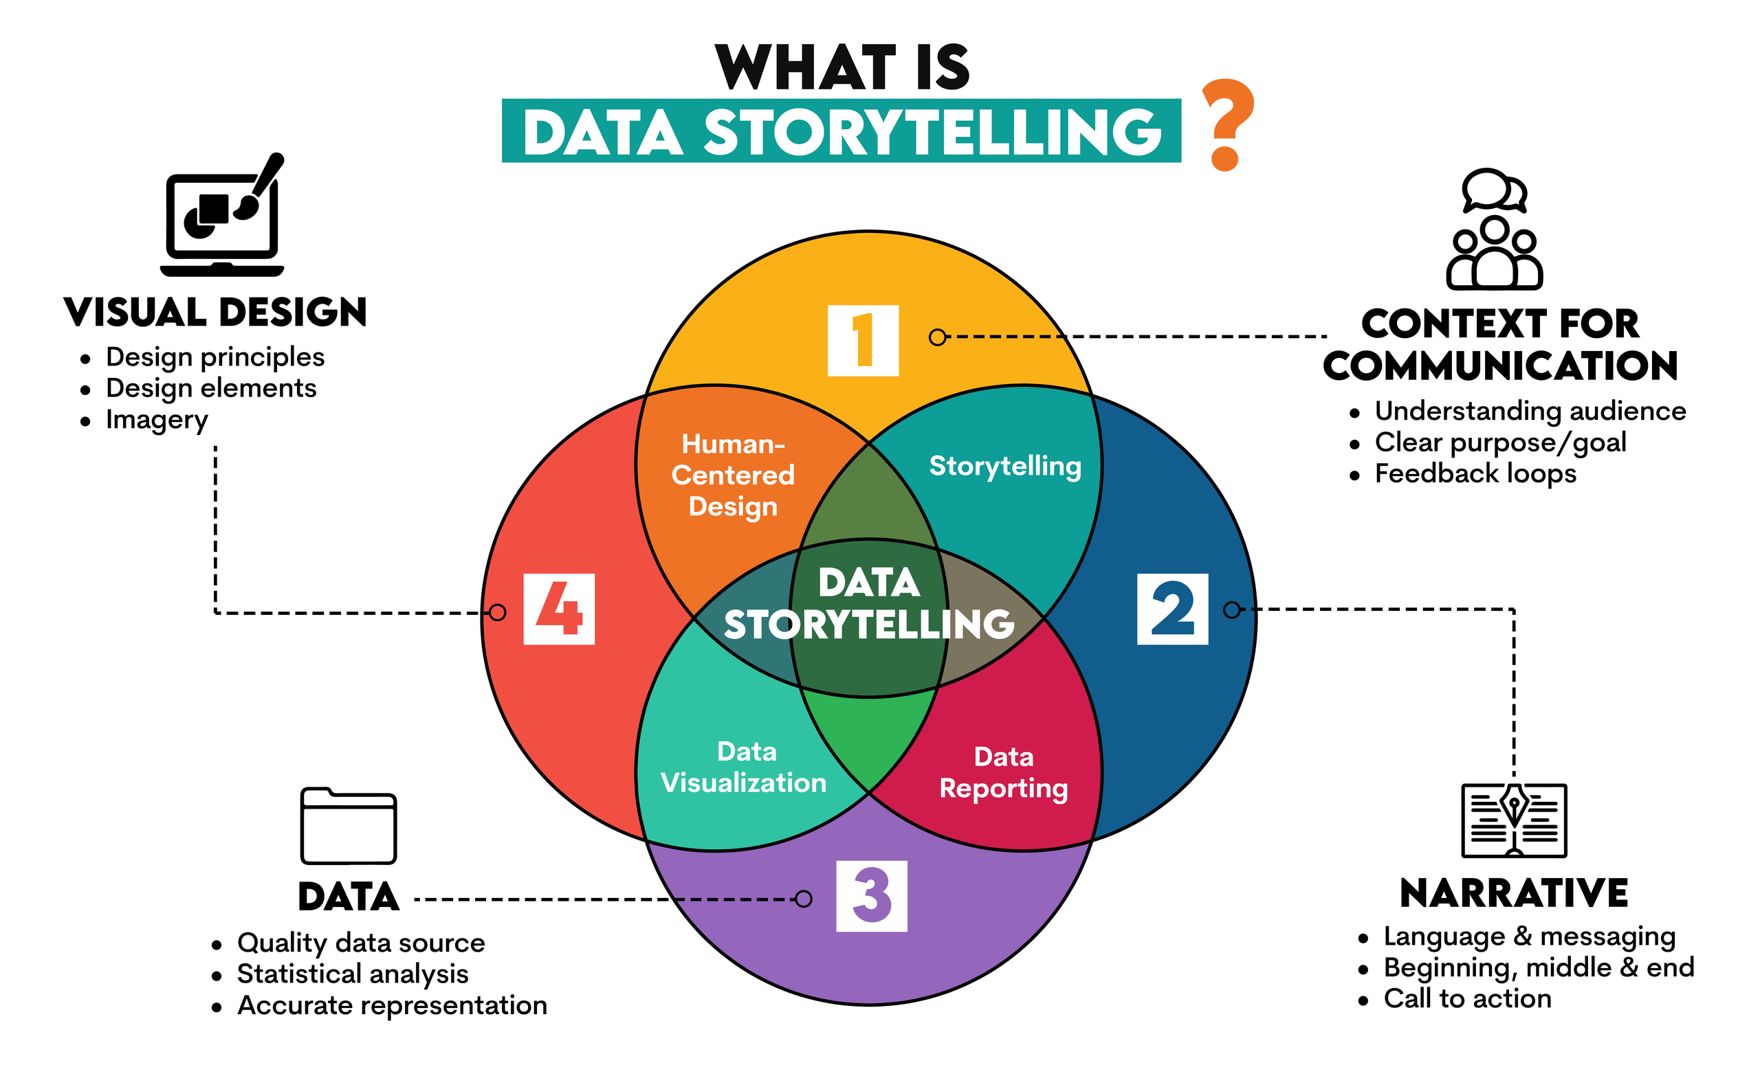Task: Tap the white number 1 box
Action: click(x=863, y=340)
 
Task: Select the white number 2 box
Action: click(x=1172, y=609)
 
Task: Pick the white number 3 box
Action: click(x=872, y=896)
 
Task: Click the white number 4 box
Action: click(x=559, y=609)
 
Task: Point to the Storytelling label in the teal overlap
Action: click(x=1005, y=466)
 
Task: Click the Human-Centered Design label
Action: click(x=733, y=475)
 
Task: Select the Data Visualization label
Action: click(x=745, y=767)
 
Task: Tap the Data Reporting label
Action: click(x=1004, y=773)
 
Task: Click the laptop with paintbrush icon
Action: click(x=222, y=216)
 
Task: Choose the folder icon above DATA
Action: click(x=348, y=826)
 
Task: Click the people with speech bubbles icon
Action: click(x=1495, y=229)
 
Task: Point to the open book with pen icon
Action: click(x=1514, y=820)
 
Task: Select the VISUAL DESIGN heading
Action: click(x=215, y=313)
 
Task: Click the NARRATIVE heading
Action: click(x=1514, y=893)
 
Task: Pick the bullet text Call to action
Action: click(x=1467, y=998)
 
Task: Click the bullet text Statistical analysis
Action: click(x=353, y=974)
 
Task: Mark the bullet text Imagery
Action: click(x=157, y=420)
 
